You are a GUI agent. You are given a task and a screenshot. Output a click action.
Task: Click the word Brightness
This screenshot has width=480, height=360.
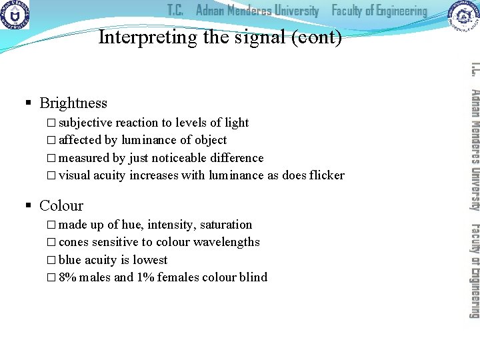73,103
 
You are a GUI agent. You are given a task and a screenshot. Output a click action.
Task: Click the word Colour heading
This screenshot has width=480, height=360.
61,206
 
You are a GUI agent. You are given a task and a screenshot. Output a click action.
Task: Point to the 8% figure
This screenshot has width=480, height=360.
67,277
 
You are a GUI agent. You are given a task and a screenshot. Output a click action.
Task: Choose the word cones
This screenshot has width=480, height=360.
73,242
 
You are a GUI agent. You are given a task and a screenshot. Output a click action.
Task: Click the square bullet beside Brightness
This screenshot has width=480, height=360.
29,103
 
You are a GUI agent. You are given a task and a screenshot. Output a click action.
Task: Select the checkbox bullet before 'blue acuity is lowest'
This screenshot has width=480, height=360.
53,260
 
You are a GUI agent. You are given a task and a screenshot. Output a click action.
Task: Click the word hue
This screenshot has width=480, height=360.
131,225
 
